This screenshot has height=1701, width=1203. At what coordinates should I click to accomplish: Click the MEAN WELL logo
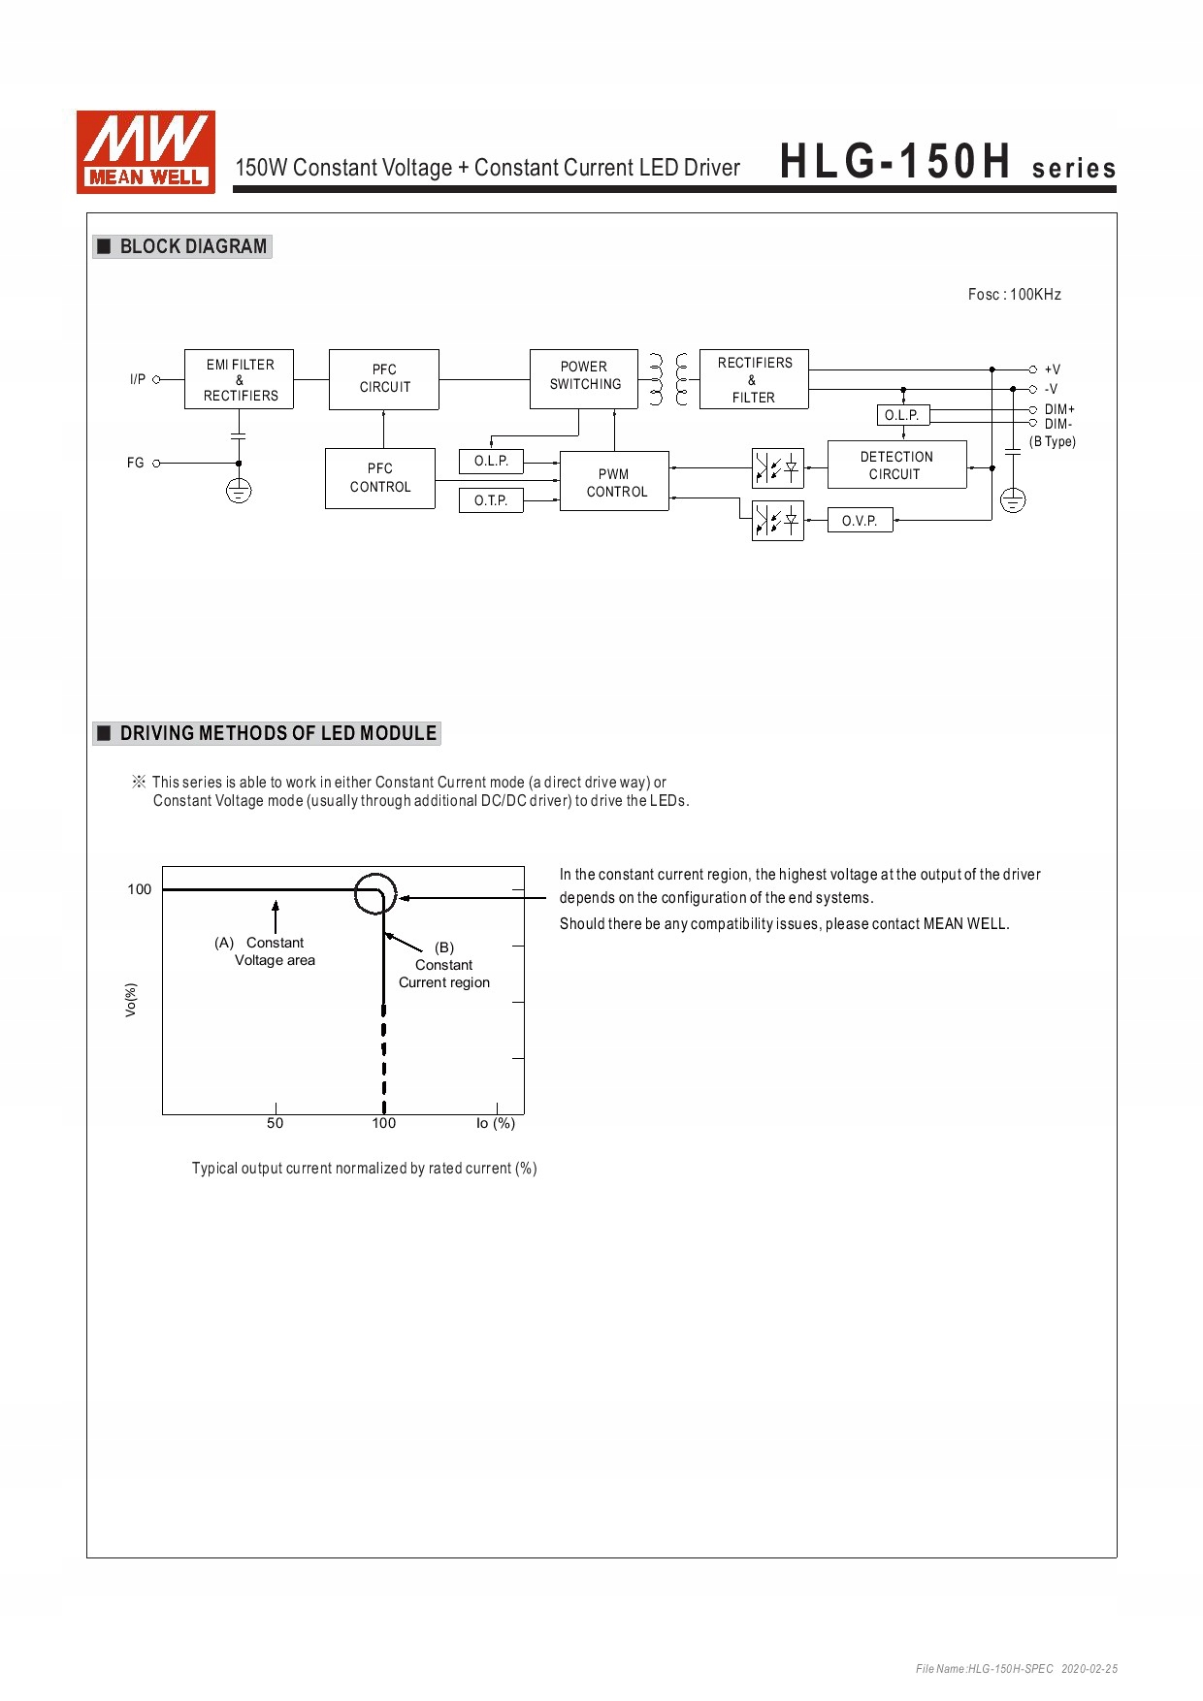[146, 152]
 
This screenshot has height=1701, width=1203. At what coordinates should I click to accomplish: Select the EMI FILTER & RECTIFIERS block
[239, 379]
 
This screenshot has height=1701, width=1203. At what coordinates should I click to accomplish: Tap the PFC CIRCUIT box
[384, 379]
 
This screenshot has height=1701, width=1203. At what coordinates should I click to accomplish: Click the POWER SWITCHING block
[584, 378]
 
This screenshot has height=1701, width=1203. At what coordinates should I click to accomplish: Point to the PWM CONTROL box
[615, 482]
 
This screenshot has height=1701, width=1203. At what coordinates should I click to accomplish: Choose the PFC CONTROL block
[379, 478]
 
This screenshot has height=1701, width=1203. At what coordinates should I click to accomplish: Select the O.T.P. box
[491, 500]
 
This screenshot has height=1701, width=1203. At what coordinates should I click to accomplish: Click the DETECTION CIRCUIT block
[896, 465]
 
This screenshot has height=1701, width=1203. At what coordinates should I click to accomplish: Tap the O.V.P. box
[860, 521]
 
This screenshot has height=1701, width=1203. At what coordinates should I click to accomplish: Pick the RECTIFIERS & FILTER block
[754, 379]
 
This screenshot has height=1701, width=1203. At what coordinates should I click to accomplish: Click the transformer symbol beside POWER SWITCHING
[668, 379]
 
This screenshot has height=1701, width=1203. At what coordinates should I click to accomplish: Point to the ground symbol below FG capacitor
[239, 492]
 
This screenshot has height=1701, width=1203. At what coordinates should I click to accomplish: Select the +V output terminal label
[1053, 369]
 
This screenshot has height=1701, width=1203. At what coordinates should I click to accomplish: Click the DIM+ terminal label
[1059, 409]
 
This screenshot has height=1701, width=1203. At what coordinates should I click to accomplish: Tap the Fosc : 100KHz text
[1014, 295]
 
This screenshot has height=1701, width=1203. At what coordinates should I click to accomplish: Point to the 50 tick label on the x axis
[276, 1123]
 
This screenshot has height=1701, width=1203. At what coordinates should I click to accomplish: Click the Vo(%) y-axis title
[131, 1000]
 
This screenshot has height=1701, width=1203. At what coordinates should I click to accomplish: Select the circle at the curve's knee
[375, 893]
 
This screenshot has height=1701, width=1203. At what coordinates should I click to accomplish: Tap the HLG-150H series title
[948, 163]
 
